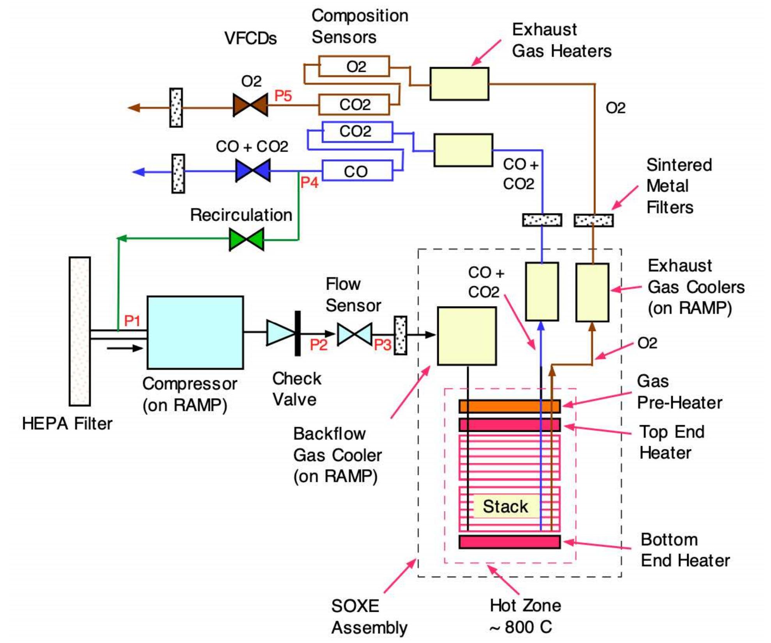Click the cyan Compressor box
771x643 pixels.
pos(195,332)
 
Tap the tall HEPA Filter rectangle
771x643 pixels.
pos(80,331)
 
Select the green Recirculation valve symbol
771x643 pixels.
pos(246,239)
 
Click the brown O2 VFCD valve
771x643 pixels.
pos(250,105)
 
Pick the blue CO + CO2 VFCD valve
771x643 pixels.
pos(253,170)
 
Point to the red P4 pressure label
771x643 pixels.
pos(309,182)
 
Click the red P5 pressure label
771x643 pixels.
pos(283,96)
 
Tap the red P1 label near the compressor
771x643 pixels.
pos(132,321)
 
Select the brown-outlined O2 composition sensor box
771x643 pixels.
pos(354,66)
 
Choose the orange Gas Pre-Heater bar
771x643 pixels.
pos(509,406)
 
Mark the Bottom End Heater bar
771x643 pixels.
pos(509,542)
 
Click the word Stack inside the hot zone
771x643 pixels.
pos(505,506)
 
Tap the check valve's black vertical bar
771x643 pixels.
pos(298,333)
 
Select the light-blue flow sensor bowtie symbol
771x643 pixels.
pos(354,334)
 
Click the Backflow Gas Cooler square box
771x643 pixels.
pos(466,336)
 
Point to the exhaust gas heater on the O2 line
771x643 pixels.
pos(459,84)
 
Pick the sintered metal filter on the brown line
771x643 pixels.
pos(593,220)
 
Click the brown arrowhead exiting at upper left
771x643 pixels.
pos(134,107)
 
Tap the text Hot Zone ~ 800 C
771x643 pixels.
pos(525,616)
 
